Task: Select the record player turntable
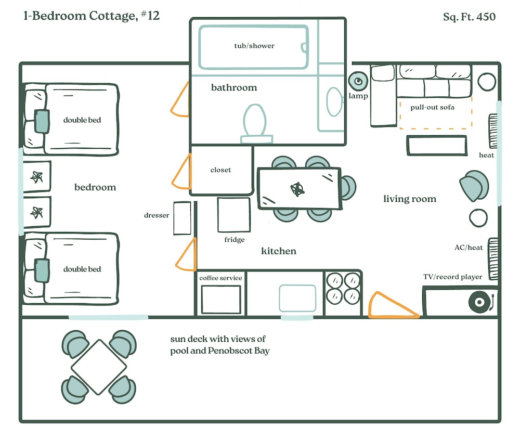[479, 302]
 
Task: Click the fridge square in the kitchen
[233, 215]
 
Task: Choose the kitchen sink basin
[297, 298]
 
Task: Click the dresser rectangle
[182, 218]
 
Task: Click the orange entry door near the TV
[389, 307]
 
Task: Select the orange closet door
[181, 171]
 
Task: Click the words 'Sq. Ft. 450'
[469, 17]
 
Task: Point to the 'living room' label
[410, 199]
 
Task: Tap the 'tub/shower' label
[254, 46]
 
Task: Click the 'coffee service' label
[221, 278]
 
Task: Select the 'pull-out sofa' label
[433, 107]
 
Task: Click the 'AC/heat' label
[469, 248]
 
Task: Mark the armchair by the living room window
[474, 185]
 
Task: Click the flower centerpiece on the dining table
[298, 189]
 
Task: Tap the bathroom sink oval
[334, 101]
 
